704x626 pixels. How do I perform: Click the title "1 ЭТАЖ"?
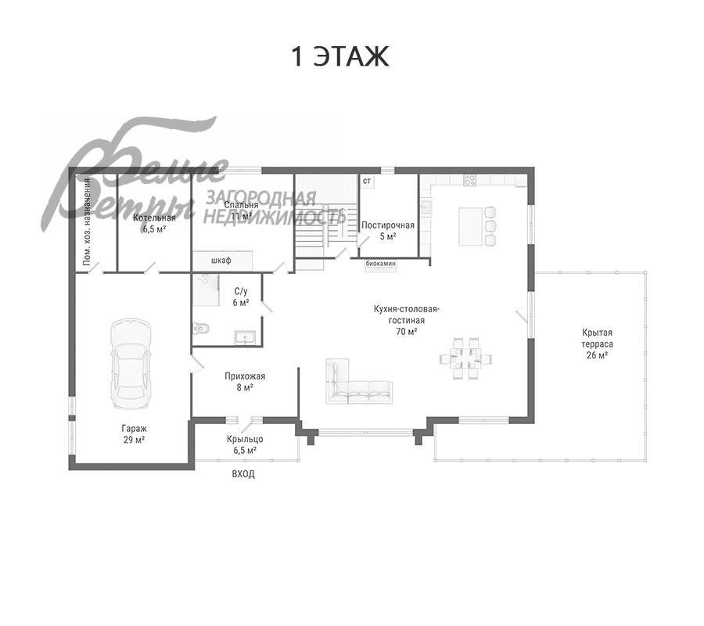[339, 57]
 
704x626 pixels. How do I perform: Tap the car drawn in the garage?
[130, 363]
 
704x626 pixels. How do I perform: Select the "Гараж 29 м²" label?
[133, 434]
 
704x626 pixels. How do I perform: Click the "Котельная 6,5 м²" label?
[154, 224]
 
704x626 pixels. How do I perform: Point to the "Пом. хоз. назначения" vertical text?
[88, 223]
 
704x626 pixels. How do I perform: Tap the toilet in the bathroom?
[200, 329]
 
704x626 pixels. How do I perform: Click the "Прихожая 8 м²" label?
[245, 381]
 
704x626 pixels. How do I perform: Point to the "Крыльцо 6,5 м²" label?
[245, 444]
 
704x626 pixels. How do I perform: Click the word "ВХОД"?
[243, 474]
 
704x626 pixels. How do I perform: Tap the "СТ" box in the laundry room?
[366, 181]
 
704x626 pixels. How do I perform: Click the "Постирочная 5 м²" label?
[387, 230]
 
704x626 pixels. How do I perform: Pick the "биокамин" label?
[381, 264]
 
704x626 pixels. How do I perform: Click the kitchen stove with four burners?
[470, 180]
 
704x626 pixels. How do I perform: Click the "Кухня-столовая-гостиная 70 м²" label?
[407, 320]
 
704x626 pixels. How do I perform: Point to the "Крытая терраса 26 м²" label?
[597, 344]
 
